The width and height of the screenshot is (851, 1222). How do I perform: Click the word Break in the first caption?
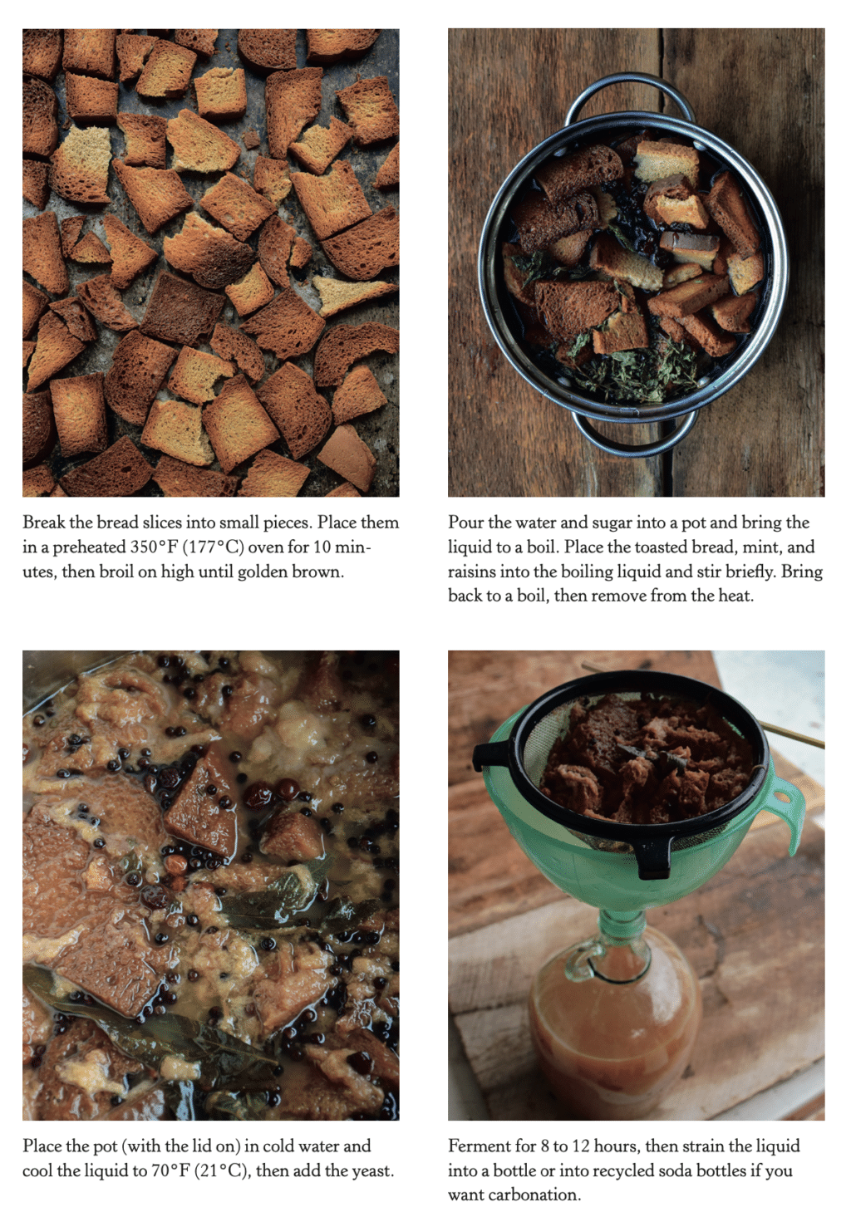[x=44, y=523]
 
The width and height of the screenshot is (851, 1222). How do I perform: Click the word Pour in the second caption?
[x=465, y=523]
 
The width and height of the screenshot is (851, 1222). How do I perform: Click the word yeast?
[x=371, y=1170]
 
